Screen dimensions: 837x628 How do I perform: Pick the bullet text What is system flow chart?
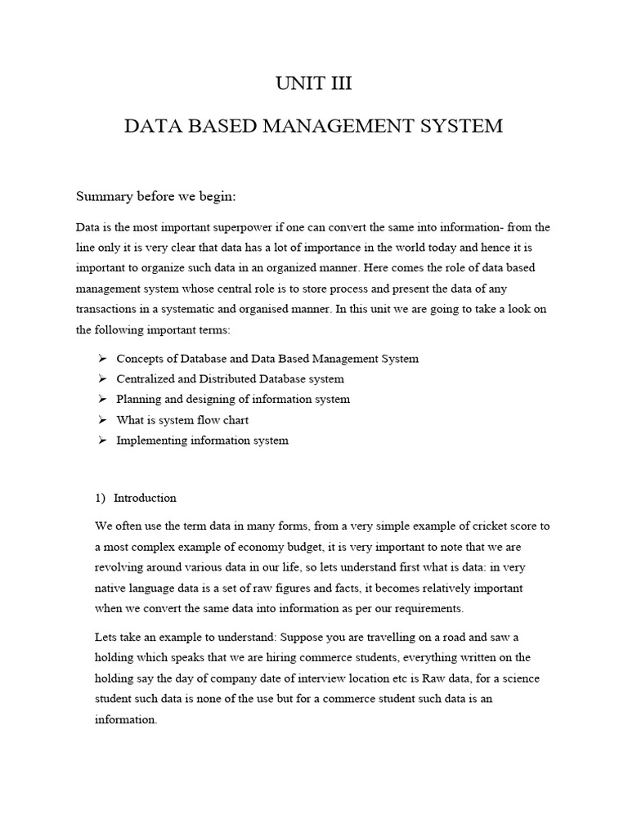coord(182,420)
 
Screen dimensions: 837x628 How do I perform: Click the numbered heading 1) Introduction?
coord(136,498)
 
